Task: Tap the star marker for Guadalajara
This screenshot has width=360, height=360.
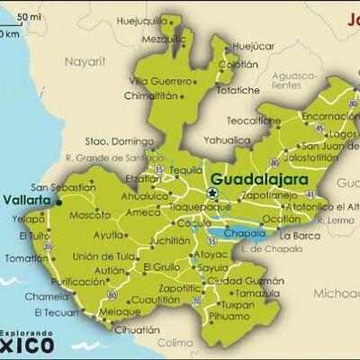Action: tap(212, 193)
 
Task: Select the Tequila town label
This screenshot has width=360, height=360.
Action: tap(185, 170)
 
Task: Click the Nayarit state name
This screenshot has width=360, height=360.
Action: tap(84, 61)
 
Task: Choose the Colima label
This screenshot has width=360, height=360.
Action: tap(174, 342)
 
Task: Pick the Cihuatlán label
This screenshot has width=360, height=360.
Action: tap(137, 330)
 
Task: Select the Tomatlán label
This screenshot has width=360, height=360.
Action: tap(26, 257)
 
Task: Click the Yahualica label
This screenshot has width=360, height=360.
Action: tap(227, 140)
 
